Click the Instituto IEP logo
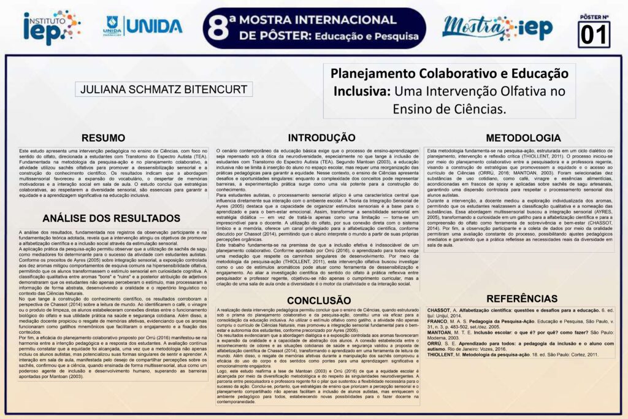click(x=52, y=26)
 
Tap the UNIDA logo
click(x=143, y=26)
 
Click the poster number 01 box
click(x=594, y=34)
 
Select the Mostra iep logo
click(x=497, y=27)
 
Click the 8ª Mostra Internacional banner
click(x=314, y=28)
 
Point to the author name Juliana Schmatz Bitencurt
click(x=164, y=90)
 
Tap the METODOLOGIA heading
click(x=523, y=137)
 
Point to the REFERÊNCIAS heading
click(x=521, y=299)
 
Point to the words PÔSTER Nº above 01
click(x=594, y=17)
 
